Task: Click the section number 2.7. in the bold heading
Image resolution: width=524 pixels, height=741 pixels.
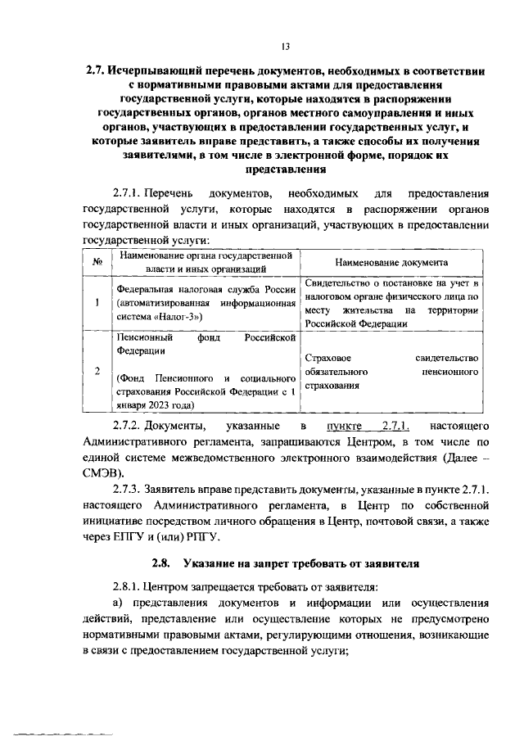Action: (x=99, y=71)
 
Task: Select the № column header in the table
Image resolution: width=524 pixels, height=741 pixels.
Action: (x=97, y=262)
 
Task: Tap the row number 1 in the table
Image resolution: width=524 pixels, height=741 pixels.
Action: (x=97, y=301)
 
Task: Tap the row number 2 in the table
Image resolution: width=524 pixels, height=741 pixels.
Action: (x=97, y=370)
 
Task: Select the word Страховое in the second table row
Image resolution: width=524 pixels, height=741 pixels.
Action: (x=327, y=358)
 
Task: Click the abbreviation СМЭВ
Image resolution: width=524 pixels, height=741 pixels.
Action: (x=102, y=473)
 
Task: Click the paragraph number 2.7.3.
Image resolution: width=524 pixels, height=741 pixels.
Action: (x=132, y=490)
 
